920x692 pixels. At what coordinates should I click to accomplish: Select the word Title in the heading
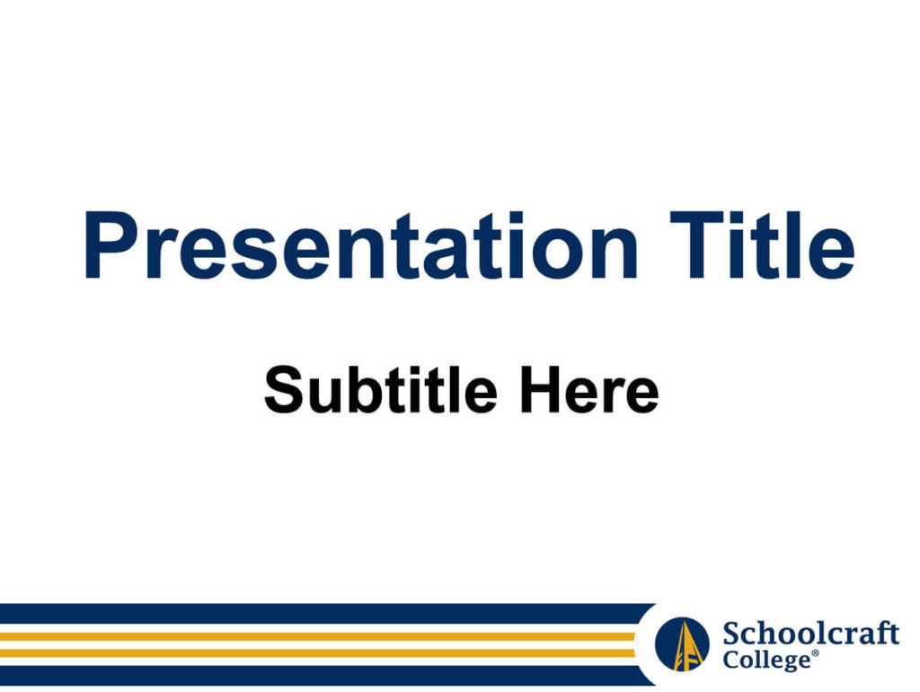pos(762,244)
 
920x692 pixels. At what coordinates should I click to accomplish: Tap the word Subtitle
pos(381,389)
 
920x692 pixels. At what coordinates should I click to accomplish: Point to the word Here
pos(589,389)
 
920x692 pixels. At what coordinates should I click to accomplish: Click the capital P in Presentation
pos(112,244)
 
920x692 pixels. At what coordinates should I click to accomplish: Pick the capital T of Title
pos(696,244)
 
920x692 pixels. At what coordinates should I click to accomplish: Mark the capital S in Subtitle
pos(287,390)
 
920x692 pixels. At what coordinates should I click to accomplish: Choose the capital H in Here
pos(542,390)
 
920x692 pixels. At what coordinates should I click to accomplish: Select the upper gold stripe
pos(317,636)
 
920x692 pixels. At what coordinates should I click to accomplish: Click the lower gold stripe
pos(317,652)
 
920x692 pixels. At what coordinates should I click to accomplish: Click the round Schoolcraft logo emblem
pos(682,643)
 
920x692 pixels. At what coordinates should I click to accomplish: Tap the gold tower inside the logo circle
pos(683,645)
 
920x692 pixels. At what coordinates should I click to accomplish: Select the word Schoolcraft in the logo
pos(811,634)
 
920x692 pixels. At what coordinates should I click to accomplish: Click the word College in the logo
pos(766,660)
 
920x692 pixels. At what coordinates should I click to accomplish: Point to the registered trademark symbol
pos(815,652)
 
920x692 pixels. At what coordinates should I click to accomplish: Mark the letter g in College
pos(783,662)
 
